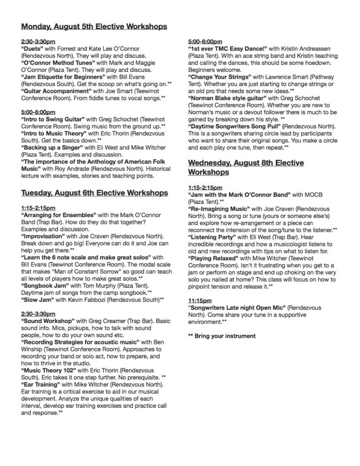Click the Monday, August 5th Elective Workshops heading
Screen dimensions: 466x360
point(94,27)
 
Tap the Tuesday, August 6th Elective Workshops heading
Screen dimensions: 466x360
point(95,193)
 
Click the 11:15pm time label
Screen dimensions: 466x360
point(199,301)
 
